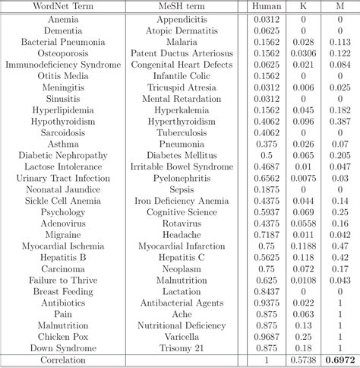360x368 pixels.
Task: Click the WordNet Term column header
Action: point(62,7)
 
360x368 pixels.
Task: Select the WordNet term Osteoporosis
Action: point(62,53)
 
